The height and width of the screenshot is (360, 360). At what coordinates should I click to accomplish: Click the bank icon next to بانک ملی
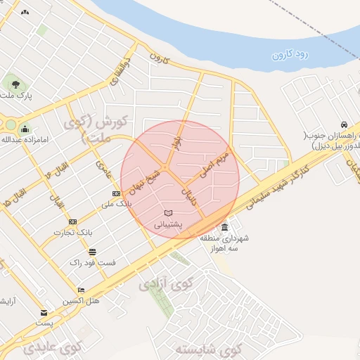pyautogui.click(x=116, y=193)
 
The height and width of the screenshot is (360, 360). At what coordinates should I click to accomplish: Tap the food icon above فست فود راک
pyautogui.click(x=92, y=252)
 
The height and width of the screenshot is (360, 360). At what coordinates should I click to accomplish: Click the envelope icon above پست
pyautogui.click(x=44, y=313)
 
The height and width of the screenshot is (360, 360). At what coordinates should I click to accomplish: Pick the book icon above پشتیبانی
pyautogui.click(x=167, y=212)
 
